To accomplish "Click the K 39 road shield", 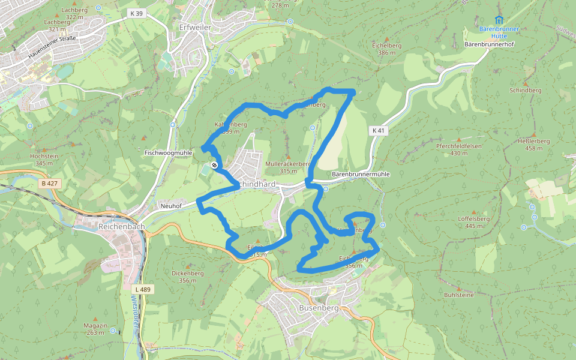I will [x=136, y=13].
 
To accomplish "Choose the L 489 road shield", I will [x=143, y=289].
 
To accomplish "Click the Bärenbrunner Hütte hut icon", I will [x=499, y=20].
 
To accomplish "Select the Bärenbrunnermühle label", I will [x=361, y=174].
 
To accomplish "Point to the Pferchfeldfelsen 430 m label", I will [x=459, y=149].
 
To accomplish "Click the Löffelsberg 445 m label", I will [x=474, y=222].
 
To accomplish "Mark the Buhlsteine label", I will [x=459, y=295].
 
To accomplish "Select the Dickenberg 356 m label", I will [x=188, y=277].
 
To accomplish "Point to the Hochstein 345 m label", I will [x=44, y=159].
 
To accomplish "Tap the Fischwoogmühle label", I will [x=168, y=153].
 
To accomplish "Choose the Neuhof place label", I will [x=170, y=206].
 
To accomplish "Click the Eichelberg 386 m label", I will [x=386, y=49].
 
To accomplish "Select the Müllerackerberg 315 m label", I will [x=288, y=167].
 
